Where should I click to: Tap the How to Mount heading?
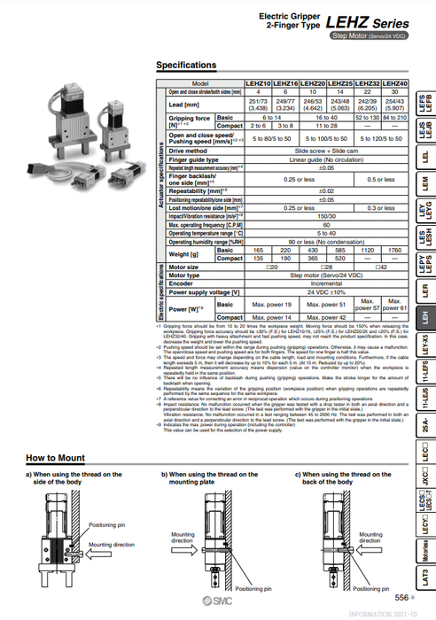click(55, 458)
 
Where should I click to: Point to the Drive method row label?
click(193, 151)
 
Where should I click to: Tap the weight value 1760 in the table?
click(394, 251)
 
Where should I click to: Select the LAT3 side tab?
click(424, 577)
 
